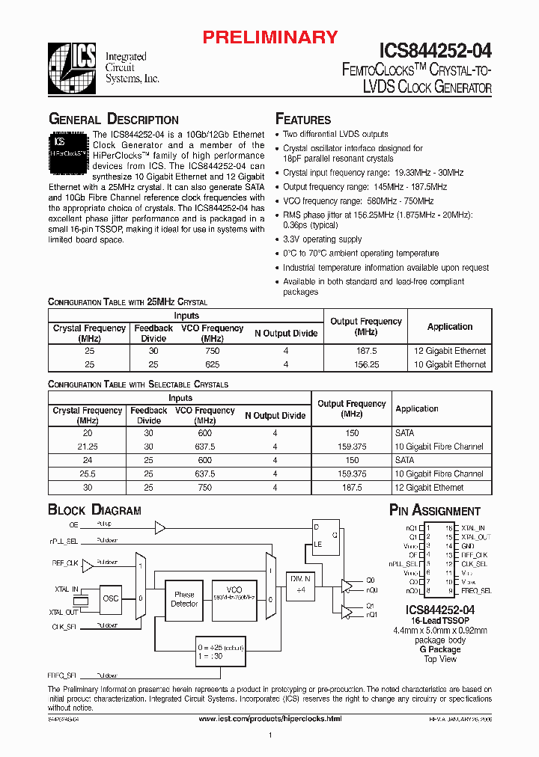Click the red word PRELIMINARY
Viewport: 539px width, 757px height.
click(x=272, y=37)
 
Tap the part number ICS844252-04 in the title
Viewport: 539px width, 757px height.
click(x=435, y=51)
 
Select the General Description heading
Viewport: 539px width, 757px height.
click(x=113, y=120)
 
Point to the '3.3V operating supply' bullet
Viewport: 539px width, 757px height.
click(x=322, y=239)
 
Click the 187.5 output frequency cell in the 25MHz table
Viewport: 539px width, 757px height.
click(x=366, y=351)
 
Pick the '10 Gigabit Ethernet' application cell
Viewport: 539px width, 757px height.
click(x=450, y=365)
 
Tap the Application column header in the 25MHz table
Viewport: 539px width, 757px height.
click(x=450, y=327)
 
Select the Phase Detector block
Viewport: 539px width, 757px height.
click(x=184, y=599)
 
